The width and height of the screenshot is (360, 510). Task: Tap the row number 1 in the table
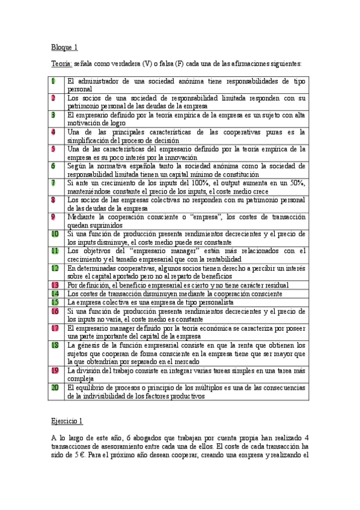tap(53, 81)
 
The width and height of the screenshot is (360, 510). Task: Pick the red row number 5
tap(53, 148)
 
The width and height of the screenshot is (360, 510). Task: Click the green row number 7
tap(53, 182)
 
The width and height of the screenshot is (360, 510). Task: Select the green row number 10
tap(55, 233)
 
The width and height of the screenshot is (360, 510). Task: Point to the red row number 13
tap(55, 284)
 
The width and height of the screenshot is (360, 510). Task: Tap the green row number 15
tap(55, 301)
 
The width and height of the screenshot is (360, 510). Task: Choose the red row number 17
tap(55, 328)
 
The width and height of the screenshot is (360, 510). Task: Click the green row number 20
tap(55, 388)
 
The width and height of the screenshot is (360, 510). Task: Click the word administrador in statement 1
tap(99, 81)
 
